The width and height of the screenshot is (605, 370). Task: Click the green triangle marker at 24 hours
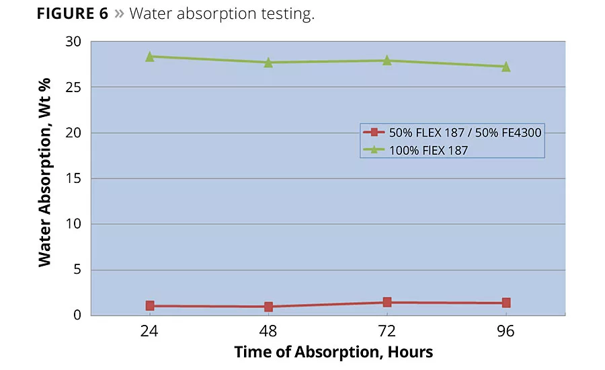point(150,57)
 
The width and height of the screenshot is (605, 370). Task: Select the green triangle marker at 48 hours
point(268,63)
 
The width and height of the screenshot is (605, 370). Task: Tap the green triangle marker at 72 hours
point(387,61)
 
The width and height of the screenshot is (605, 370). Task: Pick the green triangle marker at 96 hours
point(506,67)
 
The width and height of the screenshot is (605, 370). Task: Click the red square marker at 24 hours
point(150,305)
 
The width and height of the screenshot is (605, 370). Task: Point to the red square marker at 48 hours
point(268,307)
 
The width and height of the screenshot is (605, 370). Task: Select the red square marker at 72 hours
point(387,302)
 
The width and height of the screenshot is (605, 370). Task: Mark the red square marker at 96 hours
point(506,303)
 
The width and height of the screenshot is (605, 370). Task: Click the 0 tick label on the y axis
point(77,315)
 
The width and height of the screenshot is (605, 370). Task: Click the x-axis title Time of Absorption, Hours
point(333,352)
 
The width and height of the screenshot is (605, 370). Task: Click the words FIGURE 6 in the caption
point(71,13)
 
